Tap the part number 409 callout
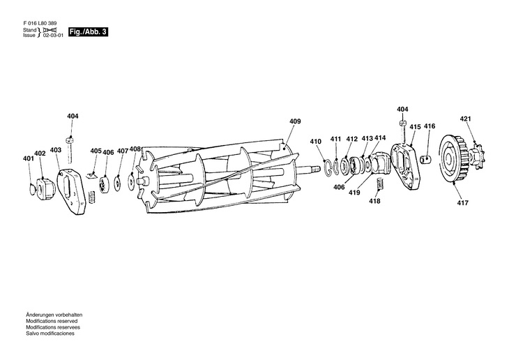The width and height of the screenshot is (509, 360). click(295, 121)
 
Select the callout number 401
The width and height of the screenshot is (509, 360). click(28, 159)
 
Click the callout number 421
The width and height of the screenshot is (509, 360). click(466, 119)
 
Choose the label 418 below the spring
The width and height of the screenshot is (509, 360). click(375, 202)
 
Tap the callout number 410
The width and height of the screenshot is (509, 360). click(316, 142)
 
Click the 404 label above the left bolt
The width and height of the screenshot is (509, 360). click(73, 116)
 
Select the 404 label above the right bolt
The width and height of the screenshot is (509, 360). click(402, 110)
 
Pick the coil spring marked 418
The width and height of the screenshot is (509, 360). click(381, 185)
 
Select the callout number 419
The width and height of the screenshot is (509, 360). click(354, 193)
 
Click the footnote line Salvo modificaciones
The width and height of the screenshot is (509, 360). click(50, 333)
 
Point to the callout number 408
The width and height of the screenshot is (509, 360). click(135, 149)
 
